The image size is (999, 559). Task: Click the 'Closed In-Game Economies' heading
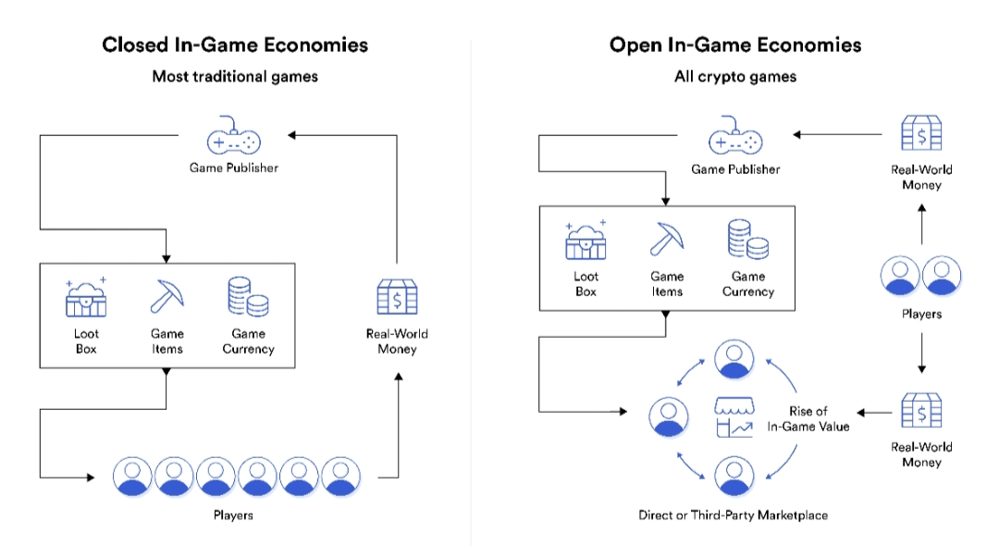tap(235, 44)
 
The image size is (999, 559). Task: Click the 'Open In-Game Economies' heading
tap(735, 44)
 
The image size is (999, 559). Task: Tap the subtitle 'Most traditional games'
tap(235, 77)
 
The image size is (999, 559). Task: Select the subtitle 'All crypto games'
tap(735, 77)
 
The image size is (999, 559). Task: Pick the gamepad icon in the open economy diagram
tap(735, 141)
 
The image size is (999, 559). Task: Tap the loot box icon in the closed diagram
tap(86, 298)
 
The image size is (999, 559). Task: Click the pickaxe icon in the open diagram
tap(668, 240)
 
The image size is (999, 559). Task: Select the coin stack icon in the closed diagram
tap(248, 296)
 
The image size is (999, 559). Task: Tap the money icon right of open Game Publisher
tap(921, 134)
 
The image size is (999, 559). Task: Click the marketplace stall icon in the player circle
tap(734, 417)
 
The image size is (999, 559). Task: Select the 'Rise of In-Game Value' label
tap(808, 418)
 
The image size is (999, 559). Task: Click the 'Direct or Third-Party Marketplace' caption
tap(734, 515)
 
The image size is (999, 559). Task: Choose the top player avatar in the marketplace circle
tap(734, 359)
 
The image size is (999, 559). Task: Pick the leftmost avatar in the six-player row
tap(132, 477)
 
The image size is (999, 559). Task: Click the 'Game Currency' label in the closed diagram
tap(248, 342)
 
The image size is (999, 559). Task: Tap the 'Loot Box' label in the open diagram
tap(586, 283)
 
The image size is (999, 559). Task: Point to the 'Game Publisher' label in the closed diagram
tap(233, 168)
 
